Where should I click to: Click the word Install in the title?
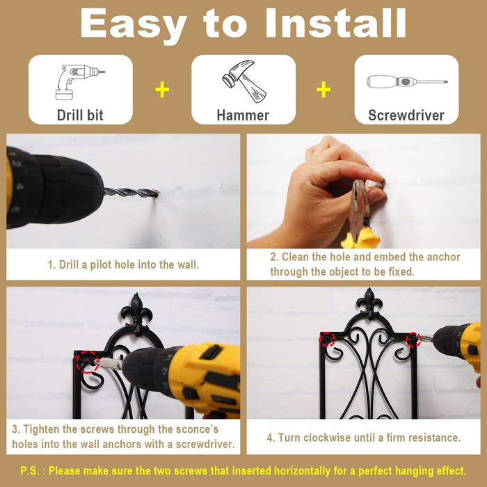coord(336,23)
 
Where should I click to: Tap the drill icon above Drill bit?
coord(80,82)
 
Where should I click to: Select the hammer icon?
coord(244,81)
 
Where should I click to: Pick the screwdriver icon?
coord(407,81)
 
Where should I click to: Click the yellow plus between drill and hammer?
coord(162,90)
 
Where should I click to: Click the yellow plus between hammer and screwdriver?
coord(324,90)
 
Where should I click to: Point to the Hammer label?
coord(243,115)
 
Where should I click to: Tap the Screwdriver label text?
coord(406,115)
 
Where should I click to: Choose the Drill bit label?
coord(80,115)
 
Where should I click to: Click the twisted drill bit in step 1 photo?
coord(131,193)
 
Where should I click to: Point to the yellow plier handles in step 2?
coord(361,238)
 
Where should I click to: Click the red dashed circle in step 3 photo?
coord(88,362)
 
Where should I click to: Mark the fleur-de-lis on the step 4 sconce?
coord(369,303)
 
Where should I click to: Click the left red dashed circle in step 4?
coord(328,340)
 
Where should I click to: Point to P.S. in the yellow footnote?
coord(30,470)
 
